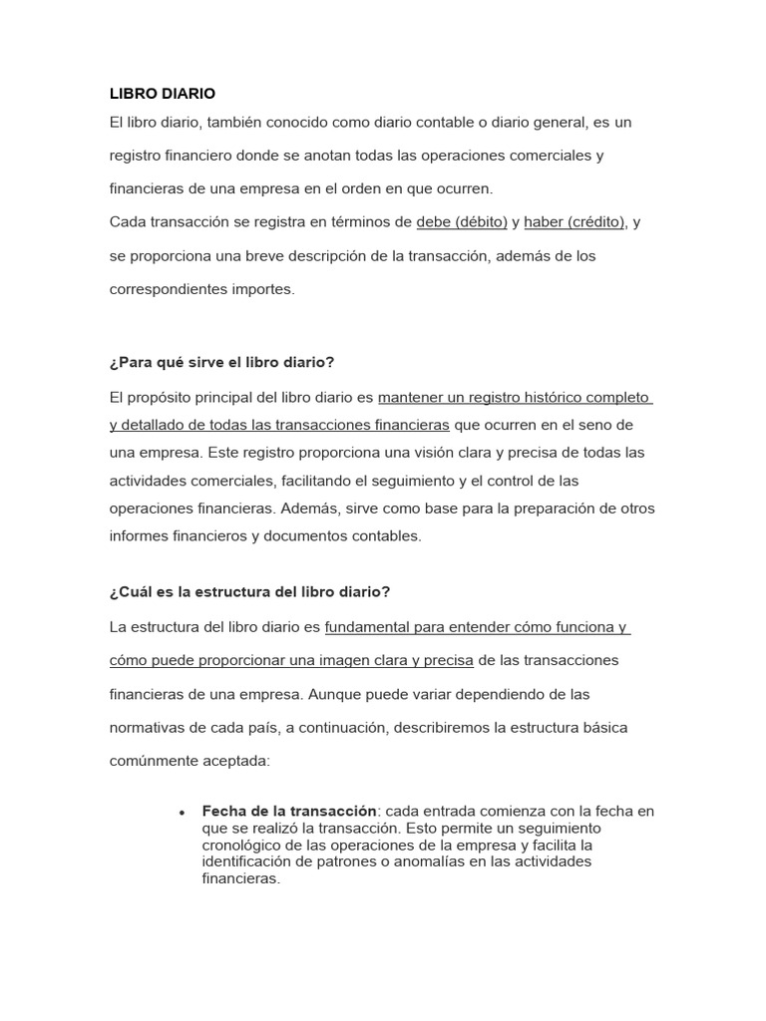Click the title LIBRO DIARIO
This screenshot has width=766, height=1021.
tap(162, 94)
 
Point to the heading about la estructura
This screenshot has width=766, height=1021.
tap(249, 591)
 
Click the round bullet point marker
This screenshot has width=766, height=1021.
tap(182, 813)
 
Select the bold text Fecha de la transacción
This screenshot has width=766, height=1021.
tap(289, 811)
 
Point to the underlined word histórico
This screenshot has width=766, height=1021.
tap(539, 398)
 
